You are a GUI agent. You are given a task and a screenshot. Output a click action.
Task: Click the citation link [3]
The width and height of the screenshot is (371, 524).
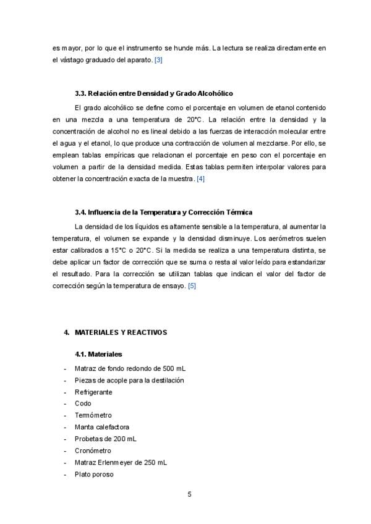coord(158,60)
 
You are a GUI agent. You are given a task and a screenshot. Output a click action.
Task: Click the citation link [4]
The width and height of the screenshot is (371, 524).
coord(200,179)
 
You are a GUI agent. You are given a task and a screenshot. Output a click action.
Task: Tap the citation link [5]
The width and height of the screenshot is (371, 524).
coord(192,285)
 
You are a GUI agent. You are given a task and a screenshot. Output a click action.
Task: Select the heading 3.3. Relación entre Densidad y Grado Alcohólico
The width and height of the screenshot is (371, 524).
coord(153,94)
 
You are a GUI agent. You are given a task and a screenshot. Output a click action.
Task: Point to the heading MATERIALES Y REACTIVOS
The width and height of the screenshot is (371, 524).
coord(121,332)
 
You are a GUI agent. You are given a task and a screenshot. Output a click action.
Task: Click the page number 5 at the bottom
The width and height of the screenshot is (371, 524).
coord(189,494)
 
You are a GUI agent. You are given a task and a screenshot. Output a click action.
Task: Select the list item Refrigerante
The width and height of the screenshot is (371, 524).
coord(93,392)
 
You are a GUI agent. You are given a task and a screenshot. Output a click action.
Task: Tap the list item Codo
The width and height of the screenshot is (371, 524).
coord(82,404)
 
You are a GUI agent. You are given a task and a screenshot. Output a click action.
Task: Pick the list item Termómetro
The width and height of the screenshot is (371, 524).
coord(93,415)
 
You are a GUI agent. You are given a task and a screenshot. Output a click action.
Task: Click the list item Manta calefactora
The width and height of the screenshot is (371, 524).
coord(101,427)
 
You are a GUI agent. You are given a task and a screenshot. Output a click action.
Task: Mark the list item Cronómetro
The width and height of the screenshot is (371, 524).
coord(92,450)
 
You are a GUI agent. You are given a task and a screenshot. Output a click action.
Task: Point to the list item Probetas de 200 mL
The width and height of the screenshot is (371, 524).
coord(105,439)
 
